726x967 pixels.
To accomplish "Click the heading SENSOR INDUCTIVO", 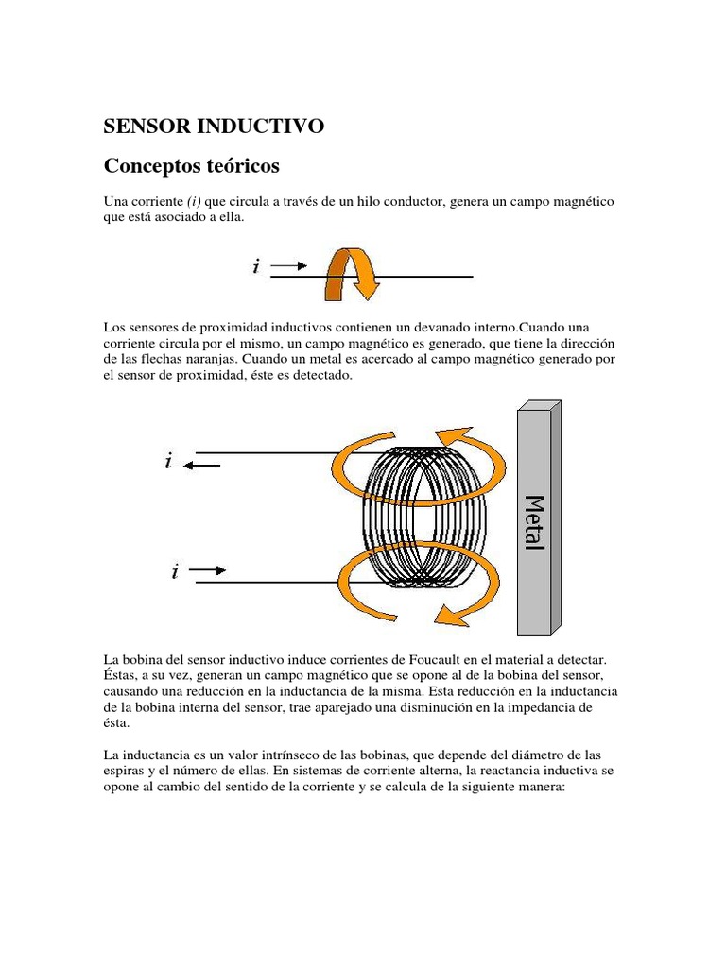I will [214, 126].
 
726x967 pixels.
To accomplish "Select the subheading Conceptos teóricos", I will [191, 166].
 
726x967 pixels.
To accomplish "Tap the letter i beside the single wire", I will [255, 267].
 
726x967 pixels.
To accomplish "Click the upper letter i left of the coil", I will [168, 462].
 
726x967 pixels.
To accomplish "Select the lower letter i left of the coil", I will [176, 572].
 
